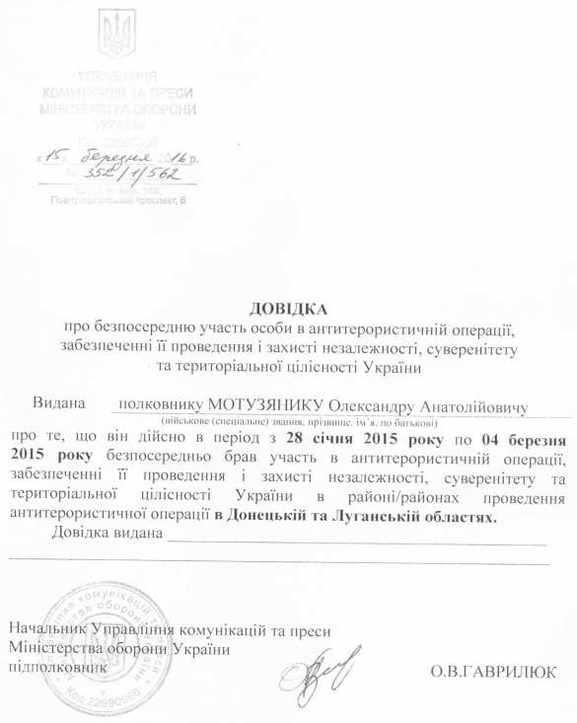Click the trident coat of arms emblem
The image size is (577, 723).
point(116,35)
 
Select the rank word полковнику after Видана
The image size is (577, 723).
point(157,405)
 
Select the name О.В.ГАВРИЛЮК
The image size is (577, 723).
point(493,672)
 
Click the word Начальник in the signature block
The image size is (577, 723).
point(47,629)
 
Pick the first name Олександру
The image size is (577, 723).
point(369,405)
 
